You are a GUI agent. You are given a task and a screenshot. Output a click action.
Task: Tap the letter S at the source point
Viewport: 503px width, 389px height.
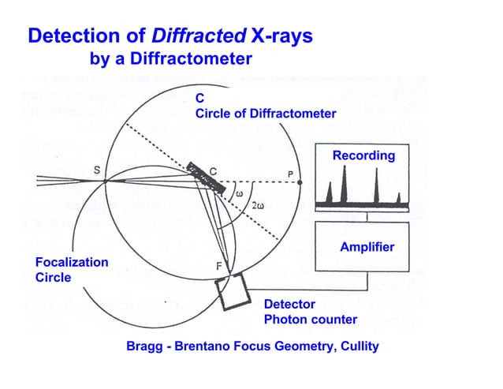[x=96, y=170]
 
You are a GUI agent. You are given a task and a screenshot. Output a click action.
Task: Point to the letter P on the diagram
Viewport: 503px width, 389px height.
[x=290, y=174]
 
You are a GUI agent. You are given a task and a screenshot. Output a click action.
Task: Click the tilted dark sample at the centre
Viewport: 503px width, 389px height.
[x=207, y=178]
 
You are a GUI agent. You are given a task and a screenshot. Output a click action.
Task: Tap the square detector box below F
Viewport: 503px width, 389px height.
[x=235, y=293]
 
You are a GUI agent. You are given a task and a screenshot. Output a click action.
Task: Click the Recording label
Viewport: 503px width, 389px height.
[x=363, y=155]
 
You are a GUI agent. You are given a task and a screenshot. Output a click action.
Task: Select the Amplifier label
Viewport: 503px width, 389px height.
[x=367, y=247]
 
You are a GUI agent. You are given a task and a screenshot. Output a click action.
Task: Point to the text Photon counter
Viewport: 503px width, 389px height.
[x=310, y=320]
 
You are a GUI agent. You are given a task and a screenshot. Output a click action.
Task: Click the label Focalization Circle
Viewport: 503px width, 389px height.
[x=72, y=269]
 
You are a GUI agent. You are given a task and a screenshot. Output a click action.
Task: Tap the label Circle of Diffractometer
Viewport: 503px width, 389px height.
[x=266, y=114]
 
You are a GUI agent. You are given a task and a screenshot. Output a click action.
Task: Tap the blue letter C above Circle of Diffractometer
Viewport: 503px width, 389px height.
[x=200, y=99]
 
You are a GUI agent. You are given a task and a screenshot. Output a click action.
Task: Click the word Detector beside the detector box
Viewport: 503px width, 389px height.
[x=289, y=304]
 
